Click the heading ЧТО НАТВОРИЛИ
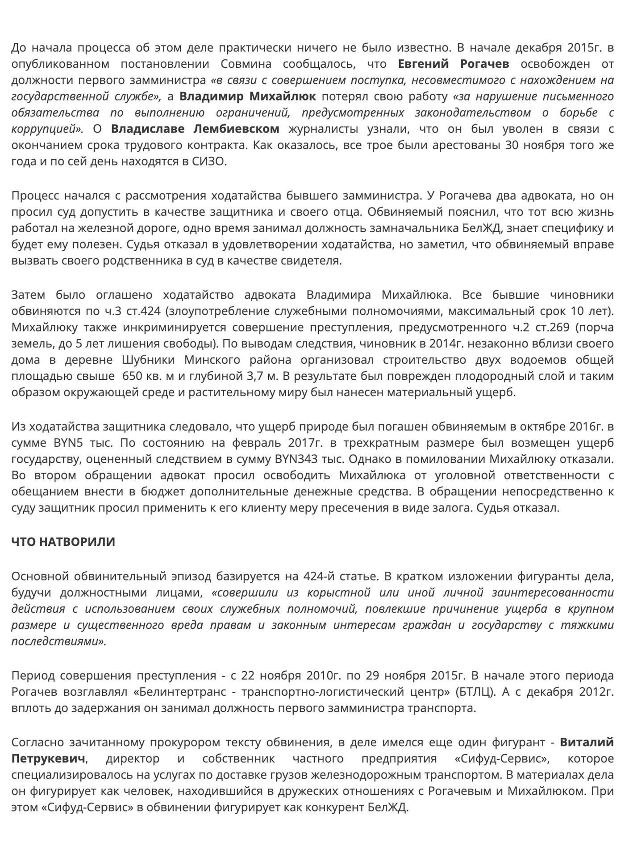pyautogui.click(x=63, y=542)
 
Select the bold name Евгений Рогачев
pyautogui.click(x=453, y=64)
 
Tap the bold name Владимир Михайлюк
pyautogui.click(x=247, y=96)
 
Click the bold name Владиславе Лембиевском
pyautogui.click(x=195, y=129)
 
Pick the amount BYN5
pyautogui.click(x=68, y=443)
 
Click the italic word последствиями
pyautogui.click(x=58, y=641)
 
